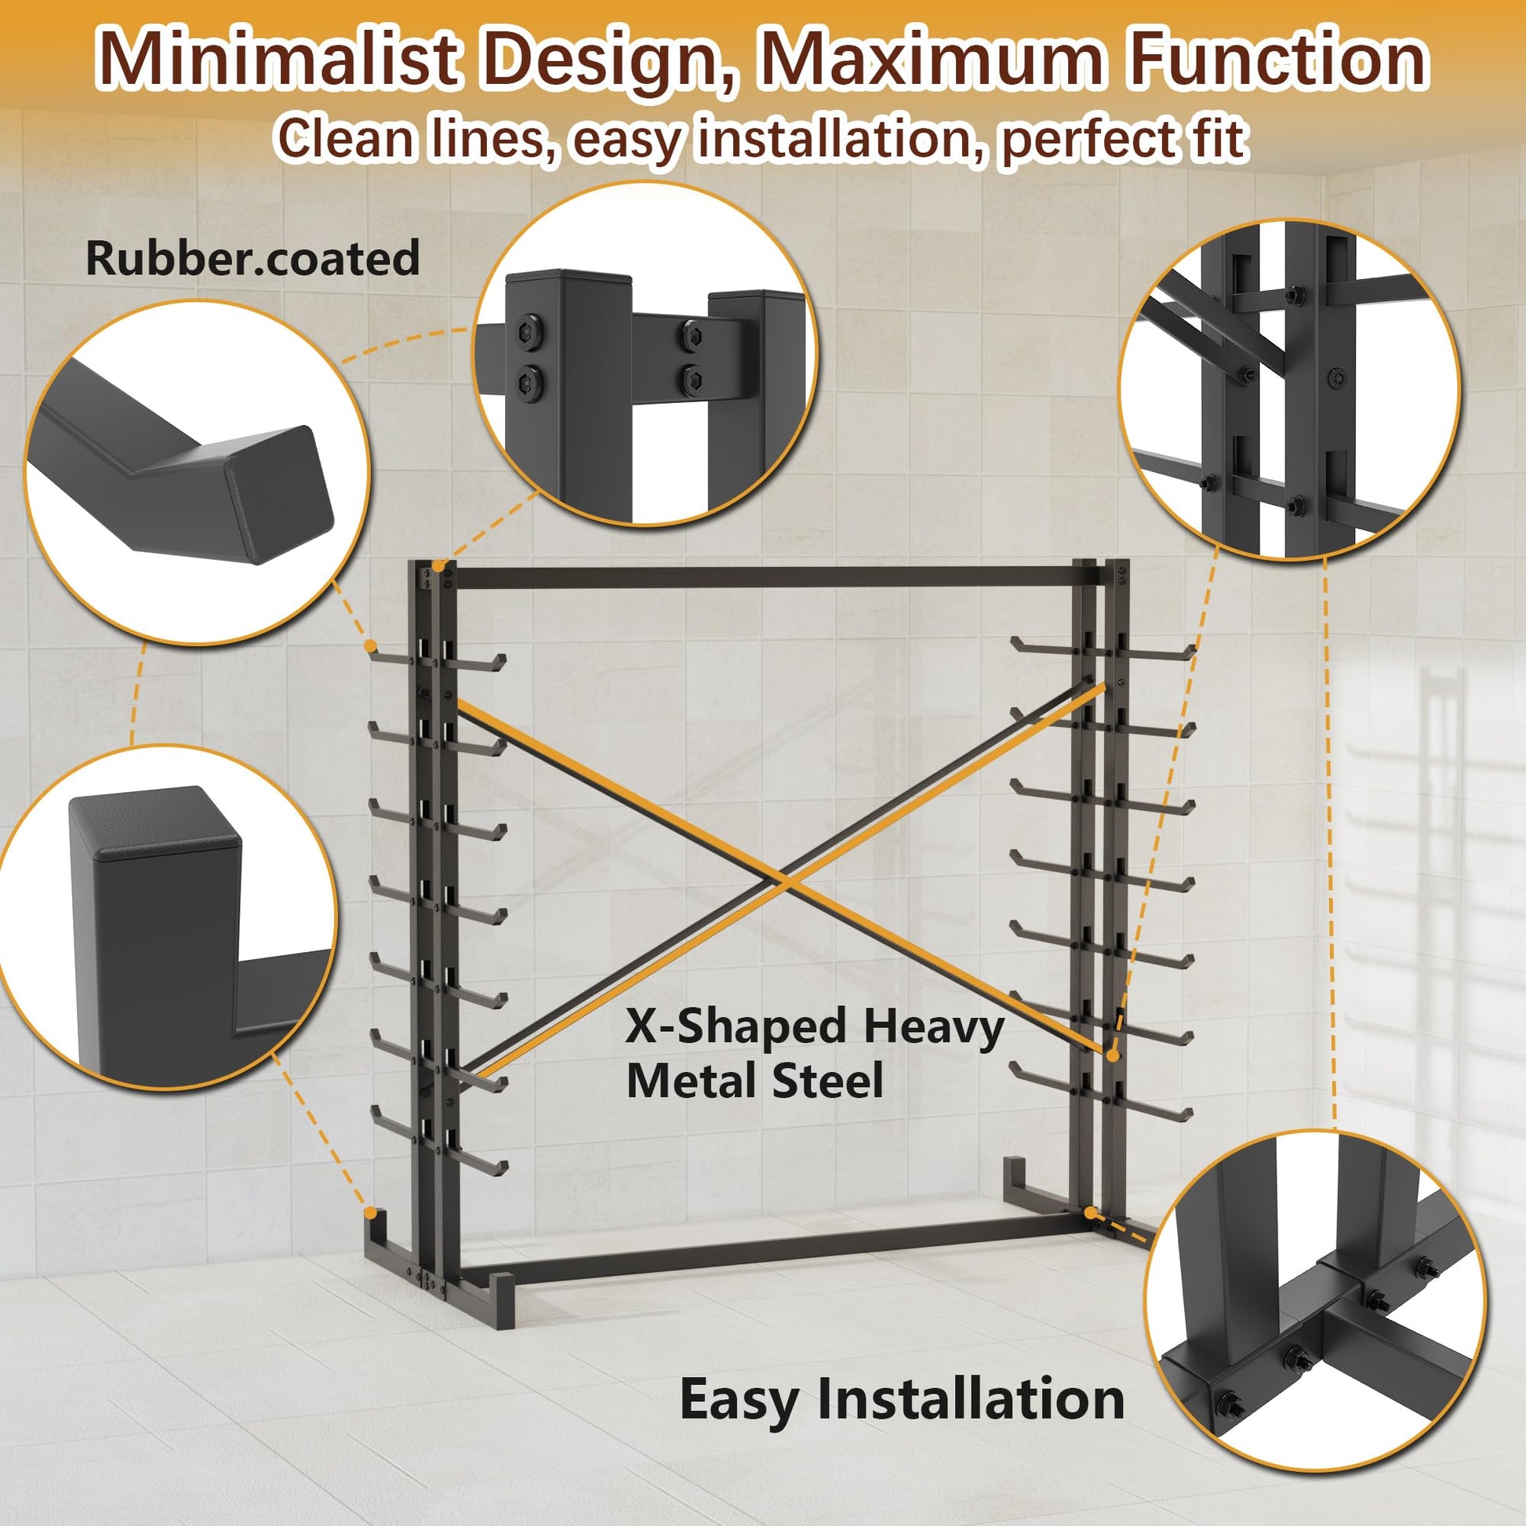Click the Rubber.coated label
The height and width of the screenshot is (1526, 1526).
[x=253, y=258]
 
